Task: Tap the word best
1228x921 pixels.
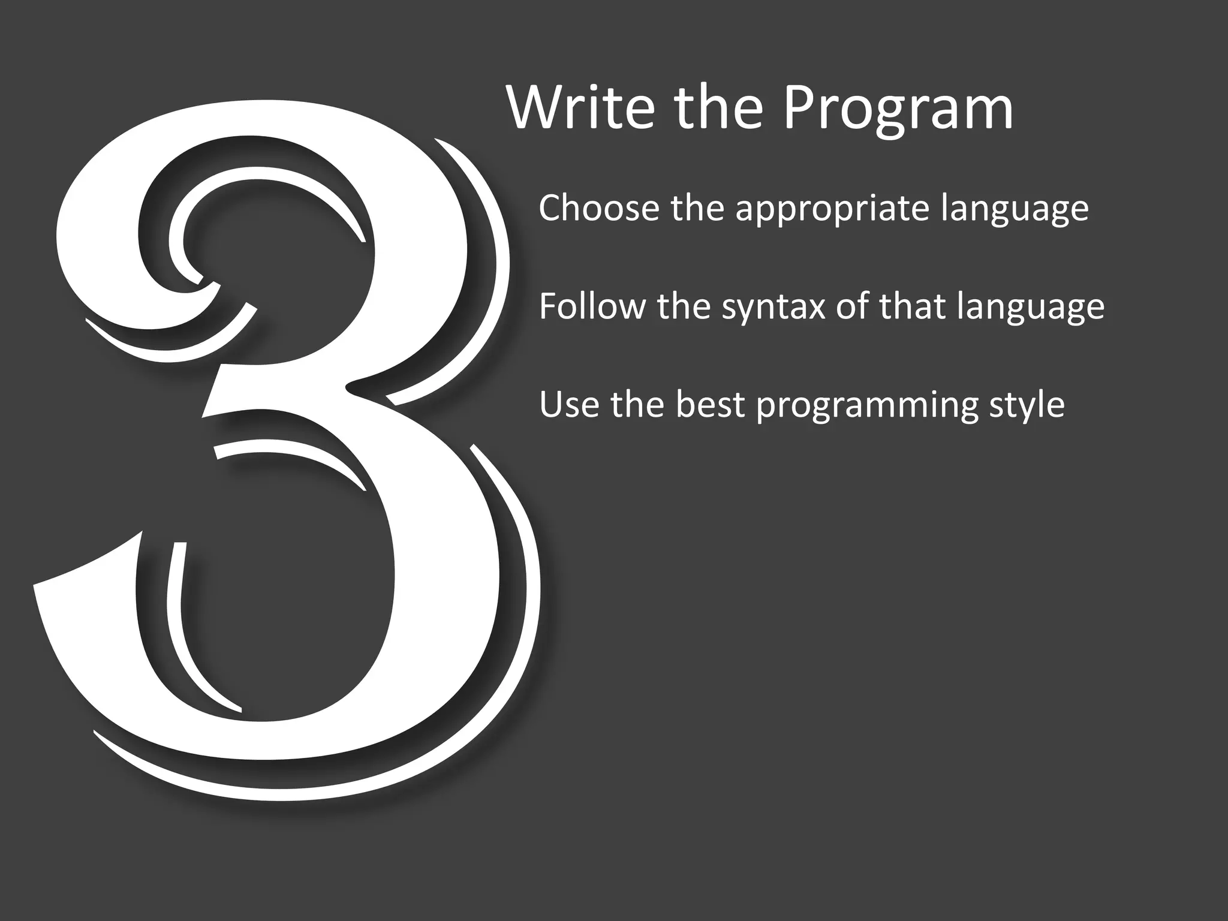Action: click(x=711, y=405)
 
